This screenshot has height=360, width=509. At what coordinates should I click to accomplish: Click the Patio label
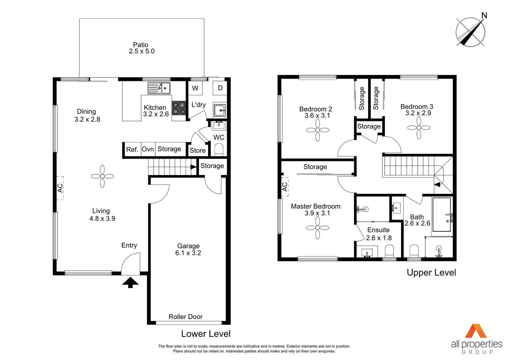coord(141,45)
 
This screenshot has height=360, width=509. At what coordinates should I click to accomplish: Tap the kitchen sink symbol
coord(159,88)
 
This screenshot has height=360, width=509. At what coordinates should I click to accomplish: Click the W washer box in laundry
coord(195,88)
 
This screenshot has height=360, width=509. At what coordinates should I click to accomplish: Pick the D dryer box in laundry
coord(220,88)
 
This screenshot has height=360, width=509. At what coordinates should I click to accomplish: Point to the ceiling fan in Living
coord(102,176)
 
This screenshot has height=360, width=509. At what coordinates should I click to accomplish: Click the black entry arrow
coord(130,282)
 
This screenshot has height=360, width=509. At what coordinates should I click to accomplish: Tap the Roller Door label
coord(186,317)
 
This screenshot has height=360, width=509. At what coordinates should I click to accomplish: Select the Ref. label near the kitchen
coord(132,150)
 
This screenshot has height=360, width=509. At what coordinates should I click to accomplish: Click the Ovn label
coord(148,149)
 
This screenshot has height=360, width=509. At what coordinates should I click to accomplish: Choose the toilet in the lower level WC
coord(219,150)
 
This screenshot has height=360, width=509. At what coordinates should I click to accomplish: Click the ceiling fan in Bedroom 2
coord(317,130)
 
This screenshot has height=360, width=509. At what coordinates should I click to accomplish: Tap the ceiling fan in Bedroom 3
coord(419,128)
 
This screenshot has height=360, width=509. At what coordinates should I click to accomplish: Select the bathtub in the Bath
coord(441,214)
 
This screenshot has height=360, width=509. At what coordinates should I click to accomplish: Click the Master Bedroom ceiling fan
coord(317,228)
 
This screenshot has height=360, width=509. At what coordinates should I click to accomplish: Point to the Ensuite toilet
coord(389,251)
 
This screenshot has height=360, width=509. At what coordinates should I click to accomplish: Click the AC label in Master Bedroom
coord(284,187)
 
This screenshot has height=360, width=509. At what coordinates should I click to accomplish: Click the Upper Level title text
coord(431,273)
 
